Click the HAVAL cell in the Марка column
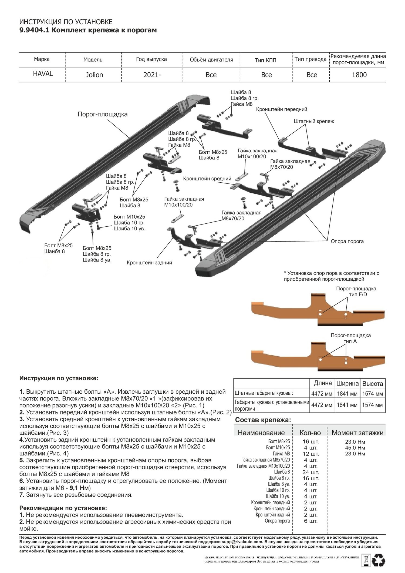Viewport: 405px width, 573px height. coord(43,74)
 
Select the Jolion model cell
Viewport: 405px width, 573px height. coord(94,75)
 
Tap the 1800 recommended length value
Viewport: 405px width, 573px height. coord(359,75)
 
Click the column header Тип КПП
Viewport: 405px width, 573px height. coord(265,60)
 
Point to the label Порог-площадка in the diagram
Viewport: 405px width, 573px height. coord(102,114)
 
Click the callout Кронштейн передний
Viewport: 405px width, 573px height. coord(281,109)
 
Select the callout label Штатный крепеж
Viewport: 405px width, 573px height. coord(314,121)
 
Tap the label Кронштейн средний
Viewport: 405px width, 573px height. coord(207,179)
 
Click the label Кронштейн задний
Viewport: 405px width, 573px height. coord(149,263)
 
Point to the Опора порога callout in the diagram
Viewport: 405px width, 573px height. coord(347,241)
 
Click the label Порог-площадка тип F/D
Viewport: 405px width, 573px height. coord(356,291)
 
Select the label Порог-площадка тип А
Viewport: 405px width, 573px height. coord(350,338)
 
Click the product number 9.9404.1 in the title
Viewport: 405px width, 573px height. coord(34,30)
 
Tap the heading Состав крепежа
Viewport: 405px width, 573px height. coord(263,420)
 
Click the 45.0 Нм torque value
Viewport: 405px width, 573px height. coord(355,448)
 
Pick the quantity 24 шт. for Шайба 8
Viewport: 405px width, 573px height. coord(310,472)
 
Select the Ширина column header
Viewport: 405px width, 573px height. coord(347,383)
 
